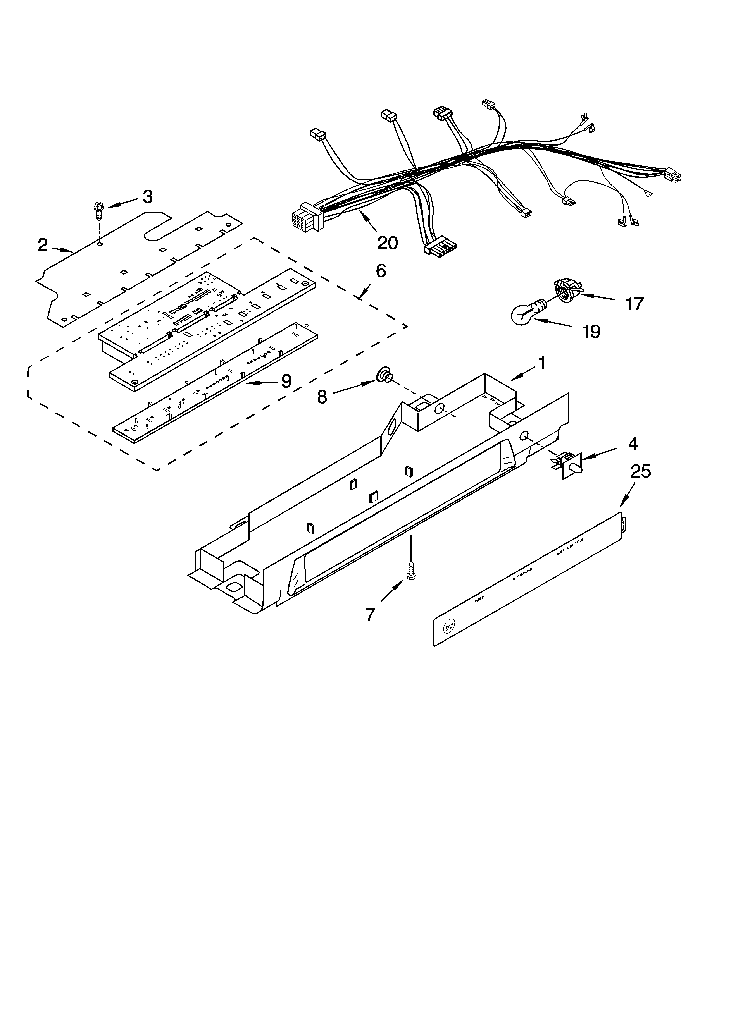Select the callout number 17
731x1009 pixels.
(x=634, y=304)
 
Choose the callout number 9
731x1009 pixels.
(x=286, y=381)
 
